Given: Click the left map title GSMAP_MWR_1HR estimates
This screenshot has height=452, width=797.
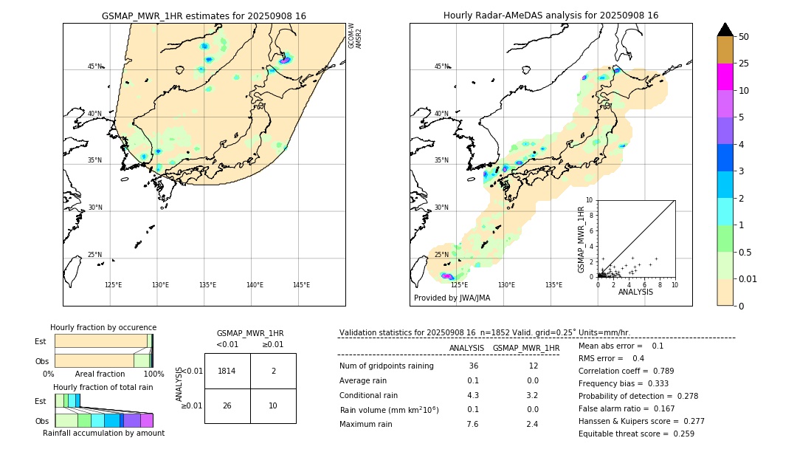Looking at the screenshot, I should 204,16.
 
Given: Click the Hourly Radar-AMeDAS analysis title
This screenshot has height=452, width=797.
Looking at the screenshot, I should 551,16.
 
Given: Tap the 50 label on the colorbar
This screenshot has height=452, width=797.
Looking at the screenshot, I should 744,37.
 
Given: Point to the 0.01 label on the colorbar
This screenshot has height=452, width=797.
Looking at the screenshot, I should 748,278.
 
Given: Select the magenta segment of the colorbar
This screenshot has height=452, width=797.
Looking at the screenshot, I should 725,77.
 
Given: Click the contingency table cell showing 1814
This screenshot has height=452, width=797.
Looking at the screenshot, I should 227,371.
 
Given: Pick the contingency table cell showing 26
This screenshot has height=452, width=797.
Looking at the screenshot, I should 227,405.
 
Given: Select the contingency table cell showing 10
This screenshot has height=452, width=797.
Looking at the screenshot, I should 273,405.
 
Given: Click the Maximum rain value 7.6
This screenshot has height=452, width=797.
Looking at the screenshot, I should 472,424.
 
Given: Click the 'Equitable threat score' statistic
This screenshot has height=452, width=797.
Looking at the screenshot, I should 636,434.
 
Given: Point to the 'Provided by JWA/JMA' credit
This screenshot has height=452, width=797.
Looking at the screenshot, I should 452,298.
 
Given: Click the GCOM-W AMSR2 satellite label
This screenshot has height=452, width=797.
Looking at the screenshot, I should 355,35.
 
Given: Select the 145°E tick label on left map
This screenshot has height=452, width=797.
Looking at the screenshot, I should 301,285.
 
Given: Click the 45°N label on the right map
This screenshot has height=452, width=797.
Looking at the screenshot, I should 441,66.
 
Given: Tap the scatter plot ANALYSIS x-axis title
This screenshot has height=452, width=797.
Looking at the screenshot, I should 635,292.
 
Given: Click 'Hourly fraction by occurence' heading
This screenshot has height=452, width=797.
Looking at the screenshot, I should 103,327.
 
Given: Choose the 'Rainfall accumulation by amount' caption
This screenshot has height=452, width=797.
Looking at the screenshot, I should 103,433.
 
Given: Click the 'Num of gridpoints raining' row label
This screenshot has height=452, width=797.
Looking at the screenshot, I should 387,366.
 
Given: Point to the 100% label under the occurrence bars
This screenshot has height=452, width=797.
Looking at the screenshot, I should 153,374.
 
